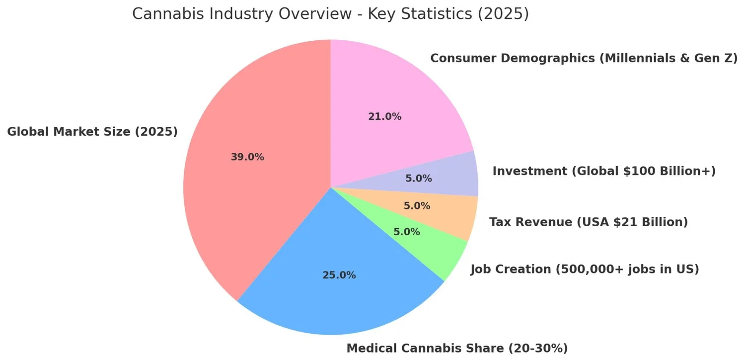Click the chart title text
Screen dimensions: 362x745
pyautogui.click(x=330, y=14)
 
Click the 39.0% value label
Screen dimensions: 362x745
pyautogui.click(x=247, y=157)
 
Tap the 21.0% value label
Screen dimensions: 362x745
pyautogui.click(x=385, y=117)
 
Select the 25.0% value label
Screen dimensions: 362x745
pyautogui.click(x=339, y=275)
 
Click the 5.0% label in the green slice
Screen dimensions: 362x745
pyautogui.click(x=407, y=232)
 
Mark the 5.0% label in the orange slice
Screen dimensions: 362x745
pyautogui.click(x=417, y=206)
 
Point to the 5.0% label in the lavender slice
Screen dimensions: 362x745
pyautogui.click(x=419, y=178)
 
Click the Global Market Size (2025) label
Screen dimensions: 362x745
pyautogui.click(x=92, y=132)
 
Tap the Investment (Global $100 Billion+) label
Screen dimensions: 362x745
pyautogui.click(x=604, y=172)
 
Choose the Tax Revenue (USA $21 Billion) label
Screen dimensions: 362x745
pyautogui.click(x=589, y=222)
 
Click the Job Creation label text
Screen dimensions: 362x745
pyautogui.click(x=585, y=270)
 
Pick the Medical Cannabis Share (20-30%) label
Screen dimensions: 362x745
pyautogui.click(x=457, y=349)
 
